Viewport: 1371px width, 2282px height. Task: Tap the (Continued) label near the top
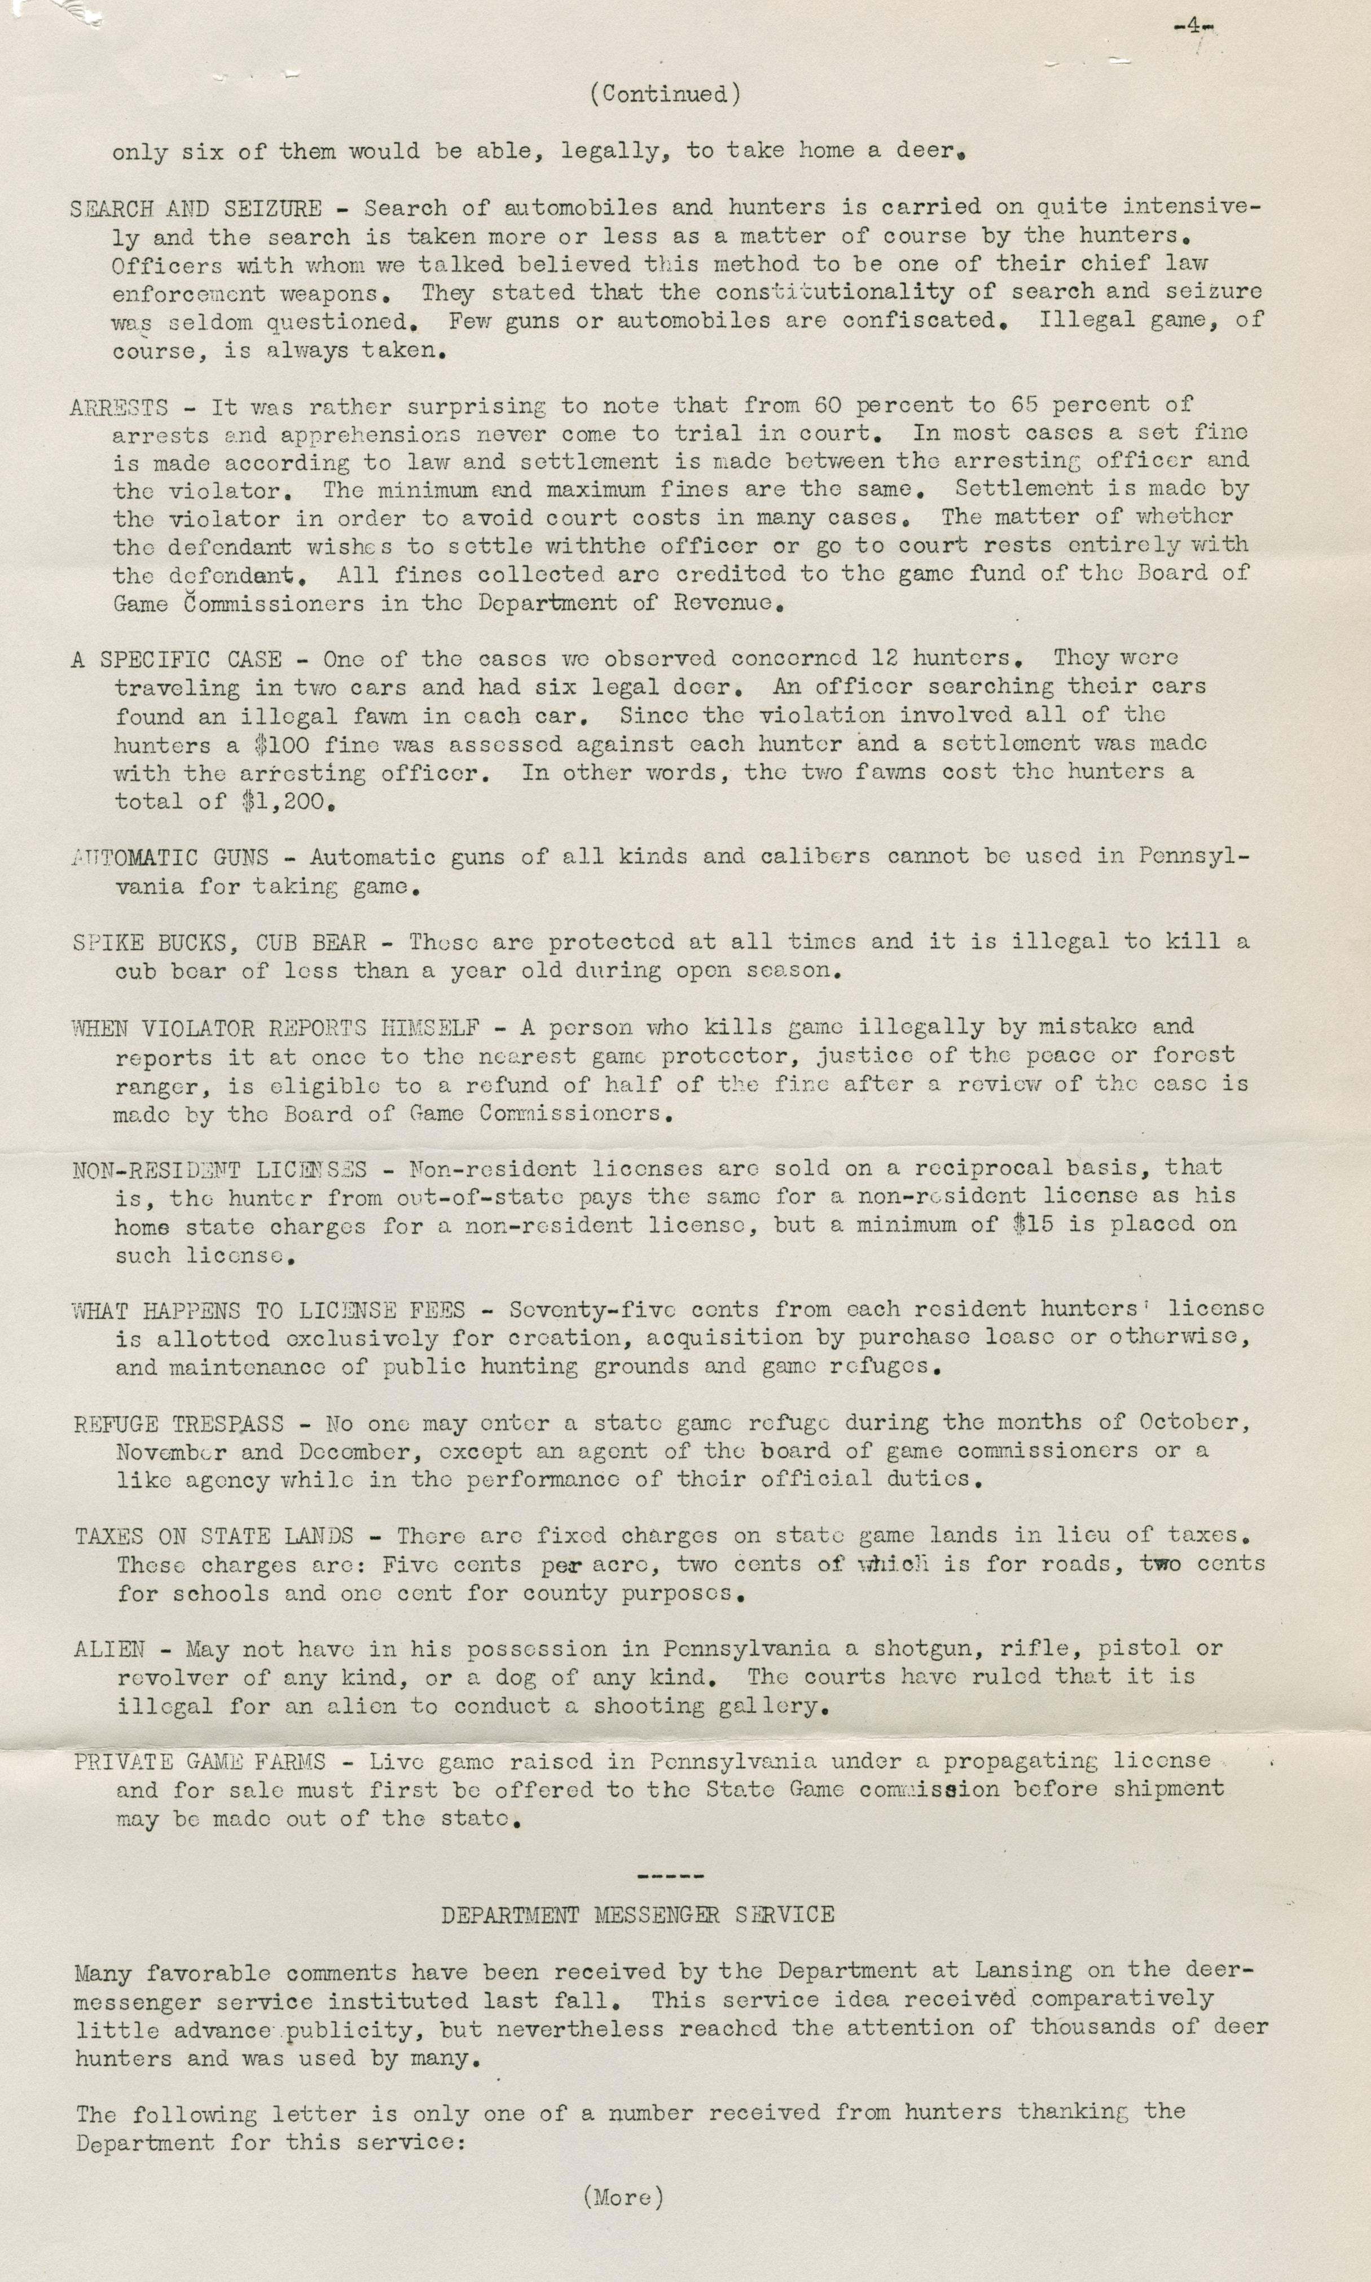coord(665,93)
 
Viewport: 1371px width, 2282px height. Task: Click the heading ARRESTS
coord(119,406)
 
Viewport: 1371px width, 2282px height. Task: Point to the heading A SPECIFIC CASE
coord(175,660)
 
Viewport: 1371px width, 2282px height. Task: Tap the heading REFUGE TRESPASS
coord(179,1424)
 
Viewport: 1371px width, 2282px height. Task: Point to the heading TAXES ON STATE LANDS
coord(214,1537)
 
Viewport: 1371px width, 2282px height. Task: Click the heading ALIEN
coord(109,1649)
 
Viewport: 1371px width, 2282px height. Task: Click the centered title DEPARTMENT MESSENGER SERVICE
coord(638,1915)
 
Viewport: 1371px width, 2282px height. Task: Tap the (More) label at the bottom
coord(623,2196)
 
